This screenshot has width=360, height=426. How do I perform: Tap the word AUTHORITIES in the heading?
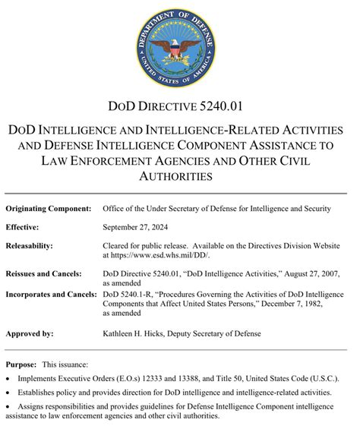(180, 176)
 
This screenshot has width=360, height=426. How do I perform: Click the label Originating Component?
(49, 208)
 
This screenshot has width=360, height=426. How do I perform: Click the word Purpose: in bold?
(21, 364)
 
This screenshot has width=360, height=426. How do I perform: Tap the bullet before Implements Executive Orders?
(8, 378)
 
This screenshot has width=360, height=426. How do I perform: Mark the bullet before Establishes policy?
(8, 393)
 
